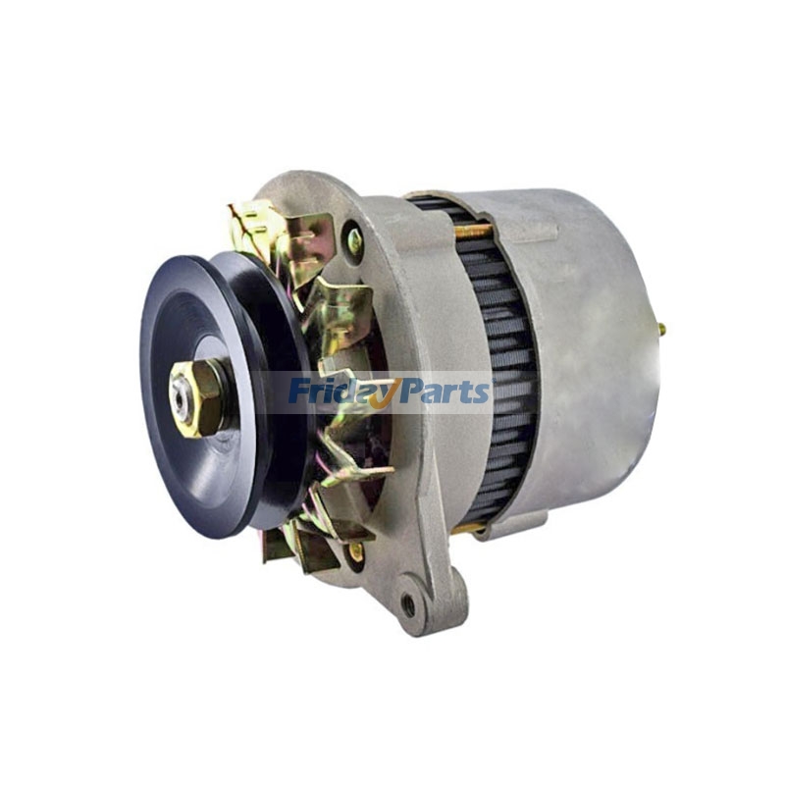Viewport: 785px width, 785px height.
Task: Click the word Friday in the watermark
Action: (x=335, y=392)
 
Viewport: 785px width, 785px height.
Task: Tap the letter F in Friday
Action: (x=297, y=391)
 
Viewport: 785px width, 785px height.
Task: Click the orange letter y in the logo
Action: (x=379, y=395)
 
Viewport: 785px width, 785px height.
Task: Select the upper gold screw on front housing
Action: (x=354, y=239)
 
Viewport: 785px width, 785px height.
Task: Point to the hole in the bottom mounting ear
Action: (x=408, y=604)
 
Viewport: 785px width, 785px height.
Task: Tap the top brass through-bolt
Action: (x=471, y=233)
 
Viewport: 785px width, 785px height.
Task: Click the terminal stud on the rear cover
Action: (x=660, y=330)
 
